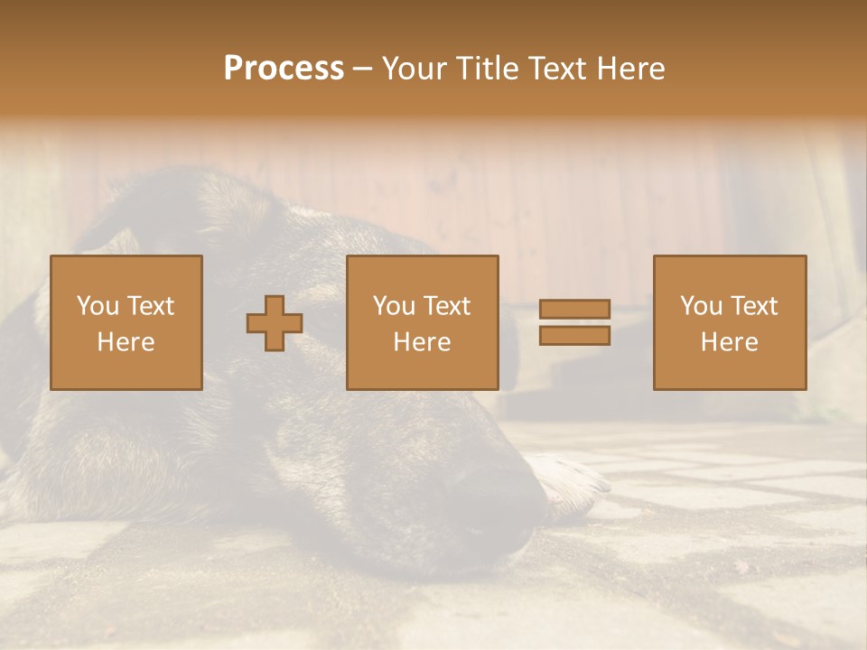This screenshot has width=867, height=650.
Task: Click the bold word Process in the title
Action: click(284, 69)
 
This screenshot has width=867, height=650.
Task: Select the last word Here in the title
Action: click(632, 69)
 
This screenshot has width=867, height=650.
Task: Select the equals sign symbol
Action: click(574, 322)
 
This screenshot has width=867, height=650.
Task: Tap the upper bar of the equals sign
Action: click(574, 309)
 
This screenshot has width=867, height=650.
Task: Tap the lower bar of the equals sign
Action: click(574, 336)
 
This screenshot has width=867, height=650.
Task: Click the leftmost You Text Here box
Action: click(126, 322)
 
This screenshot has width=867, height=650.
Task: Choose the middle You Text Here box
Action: click(422, 322)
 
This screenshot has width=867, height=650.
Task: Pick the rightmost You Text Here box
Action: click(730, 322)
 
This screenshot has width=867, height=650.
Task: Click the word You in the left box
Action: click(97, 306)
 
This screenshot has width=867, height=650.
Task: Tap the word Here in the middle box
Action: click(422, 342)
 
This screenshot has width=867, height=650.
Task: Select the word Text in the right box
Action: click(752, 306)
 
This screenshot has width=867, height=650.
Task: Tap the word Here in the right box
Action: click(730, 342)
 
